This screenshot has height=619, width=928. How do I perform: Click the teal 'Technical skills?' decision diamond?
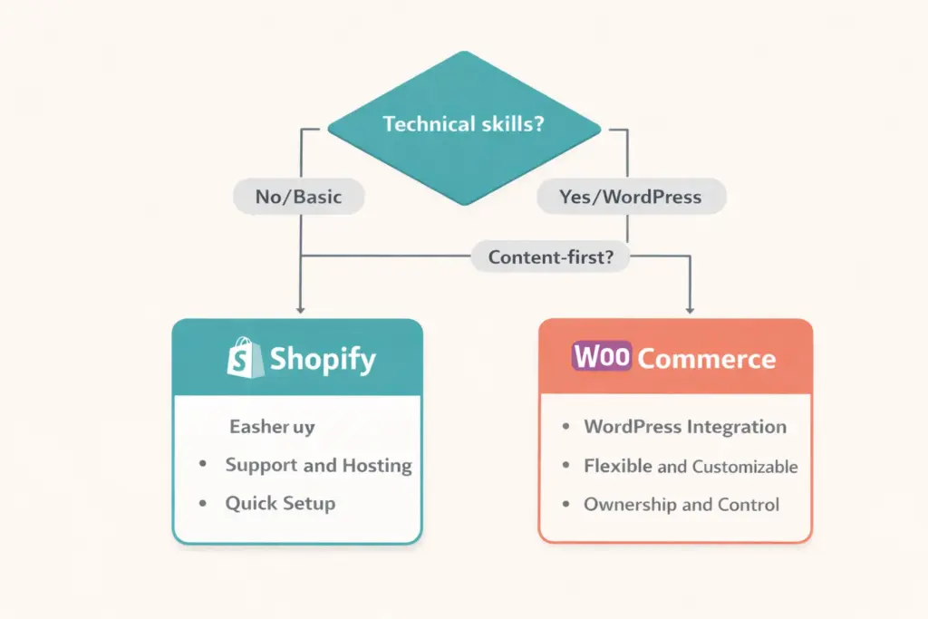pyautogui.click(x=463, y=124)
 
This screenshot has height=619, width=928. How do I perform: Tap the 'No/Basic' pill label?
pyautogui.click(x=298, y=197)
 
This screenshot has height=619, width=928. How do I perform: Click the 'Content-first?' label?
pyautogui.click(x=551, y=256)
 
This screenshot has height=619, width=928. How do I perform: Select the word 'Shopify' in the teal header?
pyautogui.click(x=322, y=360)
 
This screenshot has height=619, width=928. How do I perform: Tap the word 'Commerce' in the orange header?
pyautogui.click(x=706, y=359)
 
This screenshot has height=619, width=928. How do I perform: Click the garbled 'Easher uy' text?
pyautogui.click(x=272, y=426)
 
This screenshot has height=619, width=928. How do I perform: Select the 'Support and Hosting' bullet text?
pyautogui.click(x=318, y=466)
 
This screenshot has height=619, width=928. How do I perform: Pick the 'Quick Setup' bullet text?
pyautogui.click(x=280, y=504)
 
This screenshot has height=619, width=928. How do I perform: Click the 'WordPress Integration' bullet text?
pyautogui.click(x=684, y=427)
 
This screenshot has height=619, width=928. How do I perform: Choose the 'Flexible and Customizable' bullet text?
pyautogui.click(x=691, y=467)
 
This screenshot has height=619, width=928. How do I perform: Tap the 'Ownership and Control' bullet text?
pyautogui.click(x=681, y=505)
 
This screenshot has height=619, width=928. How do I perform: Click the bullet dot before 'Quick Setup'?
pyautogui.click(x=203, y=504)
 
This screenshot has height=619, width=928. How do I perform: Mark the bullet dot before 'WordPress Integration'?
pyautogui.click(x=566, y=427)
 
